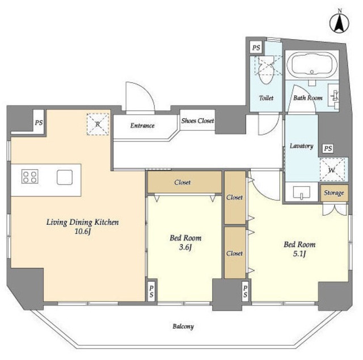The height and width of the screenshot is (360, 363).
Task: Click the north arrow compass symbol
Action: pyautogui.click(x=339, y=23)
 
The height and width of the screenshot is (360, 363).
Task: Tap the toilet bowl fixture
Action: pyautogui.click(x=266, y=69)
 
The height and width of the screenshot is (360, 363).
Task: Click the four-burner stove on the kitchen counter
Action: pyautogui.click(x=30, y=177)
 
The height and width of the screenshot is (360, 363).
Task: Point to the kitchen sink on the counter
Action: pyautogui.click(x=65, y=177)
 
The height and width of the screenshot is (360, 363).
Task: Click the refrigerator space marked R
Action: pyautogui.click(x=98, y=124)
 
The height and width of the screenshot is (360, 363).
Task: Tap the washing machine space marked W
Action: pyautogui.click(x=332, y=170)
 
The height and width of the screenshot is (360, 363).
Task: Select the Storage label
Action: pyautogui.click(x=334, y=193)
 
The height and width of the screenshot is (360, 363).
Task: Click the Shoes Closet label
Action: pyautogui.click(x=197, y=120)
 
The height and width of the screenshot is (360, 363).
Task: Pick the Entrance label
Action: pyautogui.click(x=142, y=125)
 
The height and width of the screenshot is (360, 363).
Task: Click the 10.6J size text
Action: pyautogui.click(x=83, y=231)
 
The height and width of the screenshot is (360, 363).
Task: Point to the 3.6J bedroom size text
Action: pyautogui.click(x=185, y=248)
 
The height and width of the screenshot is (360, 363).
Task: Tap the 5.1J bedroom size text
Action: pyautogui.click(x=299, y=254)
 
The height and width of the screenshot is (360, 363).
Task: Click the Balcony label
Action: pyautogui.click(x=183, y=326)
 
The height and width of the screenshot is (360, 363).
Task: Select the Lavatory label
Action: pyautogui.click(x=301, y=146)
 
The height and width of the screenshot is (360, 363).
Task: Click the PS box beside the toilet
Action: pyautogui.click(x=256, y=48)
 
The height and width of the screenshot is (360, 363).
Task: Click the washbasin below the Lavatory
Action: pyautogui.click(x=301, y=192)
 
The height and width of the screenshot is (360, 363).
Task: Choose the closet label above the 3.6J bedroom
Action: pyautogui.click(x=183, y=182)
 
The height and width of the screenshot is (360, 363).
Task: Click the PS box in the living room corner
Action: pyautogui.click(x=39, y=122)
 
